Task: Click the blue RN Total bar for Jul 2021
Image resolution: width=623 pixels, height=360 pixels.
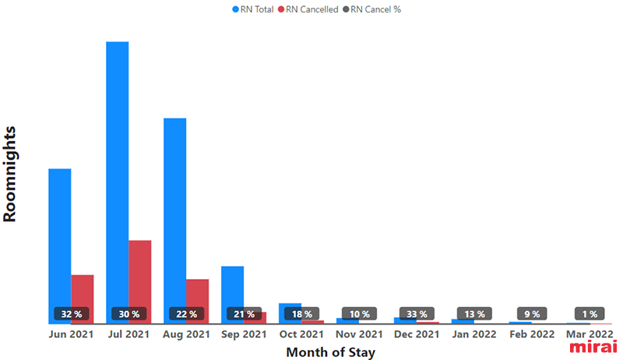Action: [x=118, y=182]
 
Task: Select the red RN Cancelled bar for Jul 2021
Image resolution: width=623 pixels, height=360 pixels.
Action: [x=140, y=282]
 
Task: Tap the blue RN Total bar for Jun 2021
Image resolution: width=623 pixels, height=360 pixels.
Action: [x=60, y=246]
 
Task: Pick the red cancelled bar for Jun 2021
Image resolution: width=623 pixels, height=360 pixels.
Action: [x=83, y=298]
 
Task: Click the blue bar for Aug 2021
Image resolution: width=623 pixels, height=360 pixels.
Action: [x=174, y=221]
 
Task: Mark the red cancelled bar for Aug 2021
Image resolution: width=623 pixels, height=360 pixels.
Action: [x=198, y=302]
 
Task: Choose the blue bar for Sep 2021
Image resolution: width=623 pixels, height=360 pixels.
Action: [x=232, y=295]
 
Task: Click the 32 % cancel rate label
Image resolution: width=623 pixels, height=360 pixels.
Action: [x=72, y=314]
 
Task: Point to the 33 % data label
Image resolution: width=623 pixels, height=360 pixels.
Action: [x=417, y=314]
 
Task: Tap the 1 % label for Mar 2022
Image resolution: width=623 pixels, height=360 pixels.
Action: [x=590, y=314]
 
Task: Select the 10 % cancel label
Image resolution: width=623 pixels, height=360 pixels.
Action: [x=360, y=314]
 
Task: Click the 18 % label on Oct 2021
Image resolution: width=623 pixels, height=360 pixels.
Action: [x=302, y=314]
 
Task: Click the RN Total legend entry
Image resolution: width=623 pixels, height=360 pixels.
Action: [x=253, y=9]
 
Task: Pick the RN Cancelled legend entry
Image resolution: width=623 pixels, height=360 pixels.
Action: [x=308, y=9]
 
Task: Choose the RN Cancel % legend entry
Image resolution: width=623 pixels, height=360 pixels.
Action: [x=372, y=9]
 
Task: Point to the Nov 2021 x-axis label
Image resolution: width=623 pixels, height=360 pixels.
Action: [x=359, y=334]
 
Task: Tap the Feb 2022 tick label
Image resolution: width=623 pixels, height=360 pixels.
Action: [x=532, y=334]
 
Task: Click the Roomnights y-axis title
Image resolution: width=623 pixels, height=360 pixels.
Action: [x=9, y=174]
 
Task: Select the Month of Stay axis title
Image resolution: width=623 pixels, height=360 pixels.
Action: [x=330, y=352]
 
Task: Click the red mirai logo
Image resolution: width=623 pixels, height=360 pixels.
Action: [x=593, y=346]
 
